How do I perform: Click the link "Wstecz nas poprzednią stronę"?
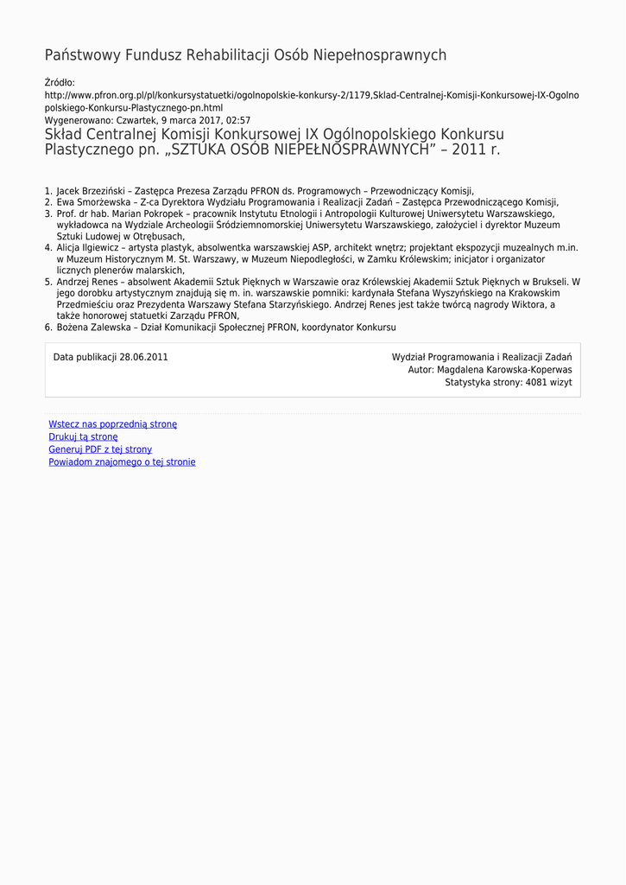coord(112,424)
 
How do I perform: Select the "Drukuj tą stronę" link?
coord(83,436)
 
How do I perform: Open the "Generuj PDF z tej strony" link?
coord(100,449)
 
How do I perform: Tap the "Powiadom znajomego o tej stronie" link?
coord(122,462)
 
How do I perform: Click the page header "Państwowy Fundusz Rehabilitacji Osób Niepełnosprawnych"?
coord(245,55)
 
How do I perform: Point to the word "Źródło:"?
coord(60,82)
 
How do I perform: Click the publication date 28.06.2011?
coord(143,357)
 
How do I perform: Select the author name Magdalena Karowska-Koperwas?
coord(504,369)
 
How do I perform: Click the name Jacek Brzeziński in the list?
coord(91,190)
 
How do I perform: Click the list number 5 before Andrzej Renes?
coord(48,282)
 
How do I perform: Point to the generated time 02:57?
coord(239,120)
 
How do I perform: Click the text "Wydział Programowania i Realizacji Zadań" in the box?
coord(481,357)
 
